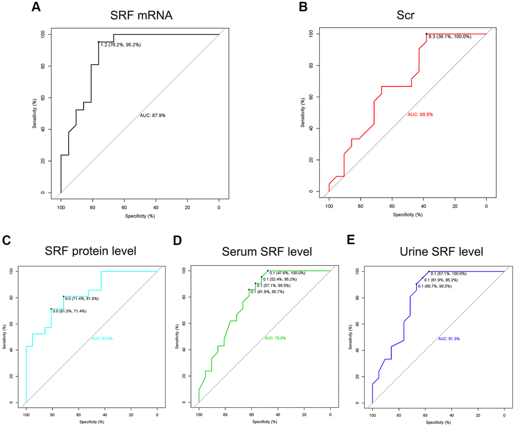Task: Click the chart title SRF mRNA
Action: [x=141, y=15]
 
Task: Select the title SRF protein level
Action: [x=91, y=252]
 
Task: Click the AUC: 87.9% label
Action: [x=152, y=116]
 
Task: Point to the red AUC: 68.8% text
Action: [x=420, y=115]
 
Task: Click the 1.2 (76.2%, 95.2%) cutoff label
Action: [x=120, y=45]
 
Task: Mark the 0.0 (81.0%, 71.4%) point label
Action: [x=70, y=311]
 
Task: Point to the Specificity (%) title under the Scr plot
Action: [x=407, y=214]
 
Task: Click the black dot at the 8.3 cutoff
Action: [x=427, y=34]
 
